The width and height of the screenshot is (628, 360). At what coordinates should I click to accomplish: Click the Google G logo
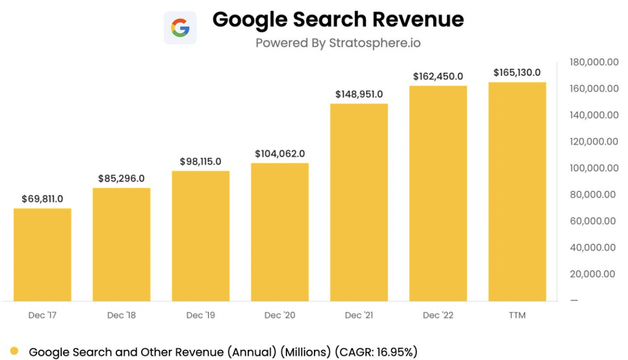tap(180, 28)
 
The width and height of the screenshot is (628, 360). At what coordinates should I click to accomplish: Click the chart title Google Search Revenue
tap(338, 20)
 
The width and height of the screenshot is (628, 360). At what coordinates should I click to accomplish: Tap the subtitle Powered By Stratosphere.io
tap(338, 43)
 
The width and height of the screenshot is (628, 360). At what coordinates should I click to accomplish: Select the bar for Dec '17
tap(42, 254)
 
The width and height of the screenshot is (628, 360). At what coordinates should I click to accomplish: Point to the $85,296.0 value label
tap(121, 178)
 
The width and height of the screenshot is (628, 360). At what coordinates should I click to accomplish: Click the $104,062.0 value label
tap(280, 153)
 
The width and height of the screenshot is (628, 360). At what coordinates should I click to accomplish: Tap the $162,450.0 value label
tap(438, 76)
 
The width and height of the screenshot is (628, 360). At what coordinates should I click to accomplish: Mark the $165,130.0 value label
tap(517, 72)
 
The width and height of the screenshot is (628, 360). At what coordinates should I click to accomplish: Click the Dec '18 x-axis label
tap(121, 315)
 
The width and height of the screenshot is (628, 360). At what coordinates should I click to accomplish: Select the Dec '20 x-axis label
tap(280, 315)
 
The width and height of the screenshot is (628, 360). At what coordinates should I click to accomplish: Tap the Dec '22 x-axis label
tap(438, 315)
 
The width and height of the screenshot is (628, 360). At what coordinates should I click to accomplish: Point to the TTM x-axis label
tap(517, 315)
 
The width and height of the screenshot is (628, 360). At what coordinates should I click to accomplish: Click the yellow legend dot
tap(14, 351)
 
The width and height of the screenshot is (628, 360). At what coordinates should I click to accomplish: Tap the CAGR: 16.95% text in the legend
tap(375, 351)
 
